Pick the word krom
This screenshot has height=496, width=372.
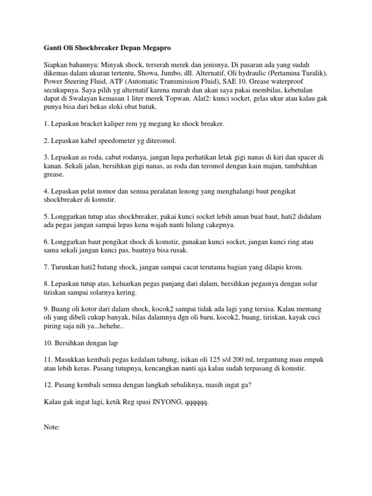[296, 267]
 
